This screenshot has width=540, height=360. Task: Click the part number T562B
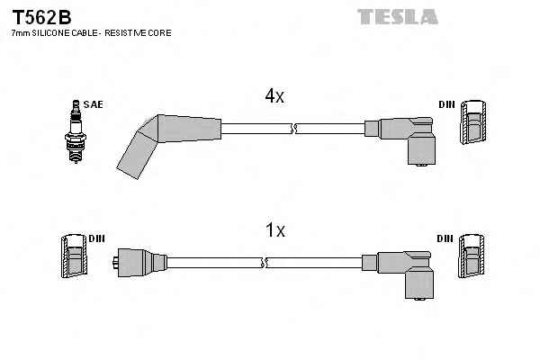[x=40, y=16]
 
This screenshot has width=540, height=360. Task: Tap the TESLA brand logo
[x=398, y=16]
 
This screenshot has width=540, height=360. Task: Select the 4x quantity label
[x=274, y=96]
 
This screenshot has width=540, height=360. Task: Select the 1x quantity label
[x=275, y=230]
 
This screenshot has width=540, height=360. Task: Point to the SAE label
[x=93, y=104]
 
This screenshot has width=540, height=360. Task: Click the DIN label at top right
[x=446, y=105]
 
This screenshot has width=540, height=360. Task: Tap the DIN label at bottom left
[x=97, y=238]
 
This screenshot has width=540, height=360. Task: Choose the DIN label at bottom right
[x=445, y=238]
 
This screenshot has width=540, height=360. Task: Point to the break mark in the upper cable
[x=293, y=131]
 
